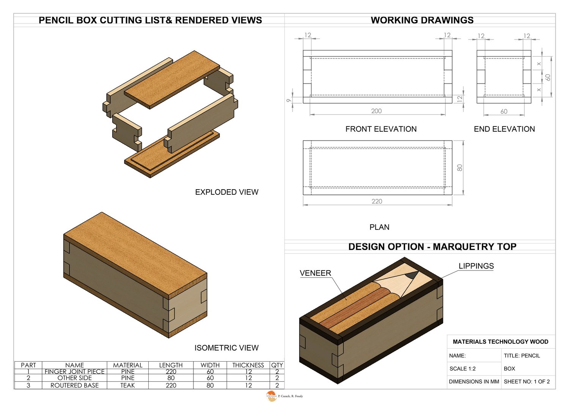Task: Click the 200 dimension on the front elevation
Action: [376, 111]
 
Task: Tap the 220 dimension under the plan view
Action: [377, 201]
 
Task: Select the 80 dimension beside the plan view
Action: [460, 168]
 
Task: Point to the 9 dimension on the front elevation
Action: [289, 100]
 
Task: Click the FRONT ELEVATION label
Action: [381, 129]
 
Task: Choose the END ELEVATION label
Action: [504, 129]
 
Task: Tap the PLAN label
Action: [379, 227]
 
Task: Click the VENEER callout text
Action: [315, 273]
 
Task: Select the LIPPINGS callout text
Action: [476, 266]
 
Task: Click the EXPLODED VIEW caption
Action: [226, 192]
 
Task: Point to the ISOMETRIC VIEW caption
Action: [226, 348]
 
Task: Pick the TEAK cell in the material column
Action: [127, 385]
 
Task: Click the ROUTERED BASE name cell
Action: [74, 385]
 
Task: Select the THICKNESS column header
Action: [248, 365]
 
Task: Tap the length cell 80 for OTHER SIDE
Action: [171, 378]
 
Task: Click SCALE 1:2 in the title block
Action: [462, 368]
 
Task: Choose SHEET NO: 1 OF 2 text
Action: [527, 381]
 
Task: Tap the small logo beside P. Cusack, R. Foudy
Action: [271, 396]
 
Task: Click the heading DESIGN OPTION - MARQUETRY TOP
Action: [432, 247]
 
